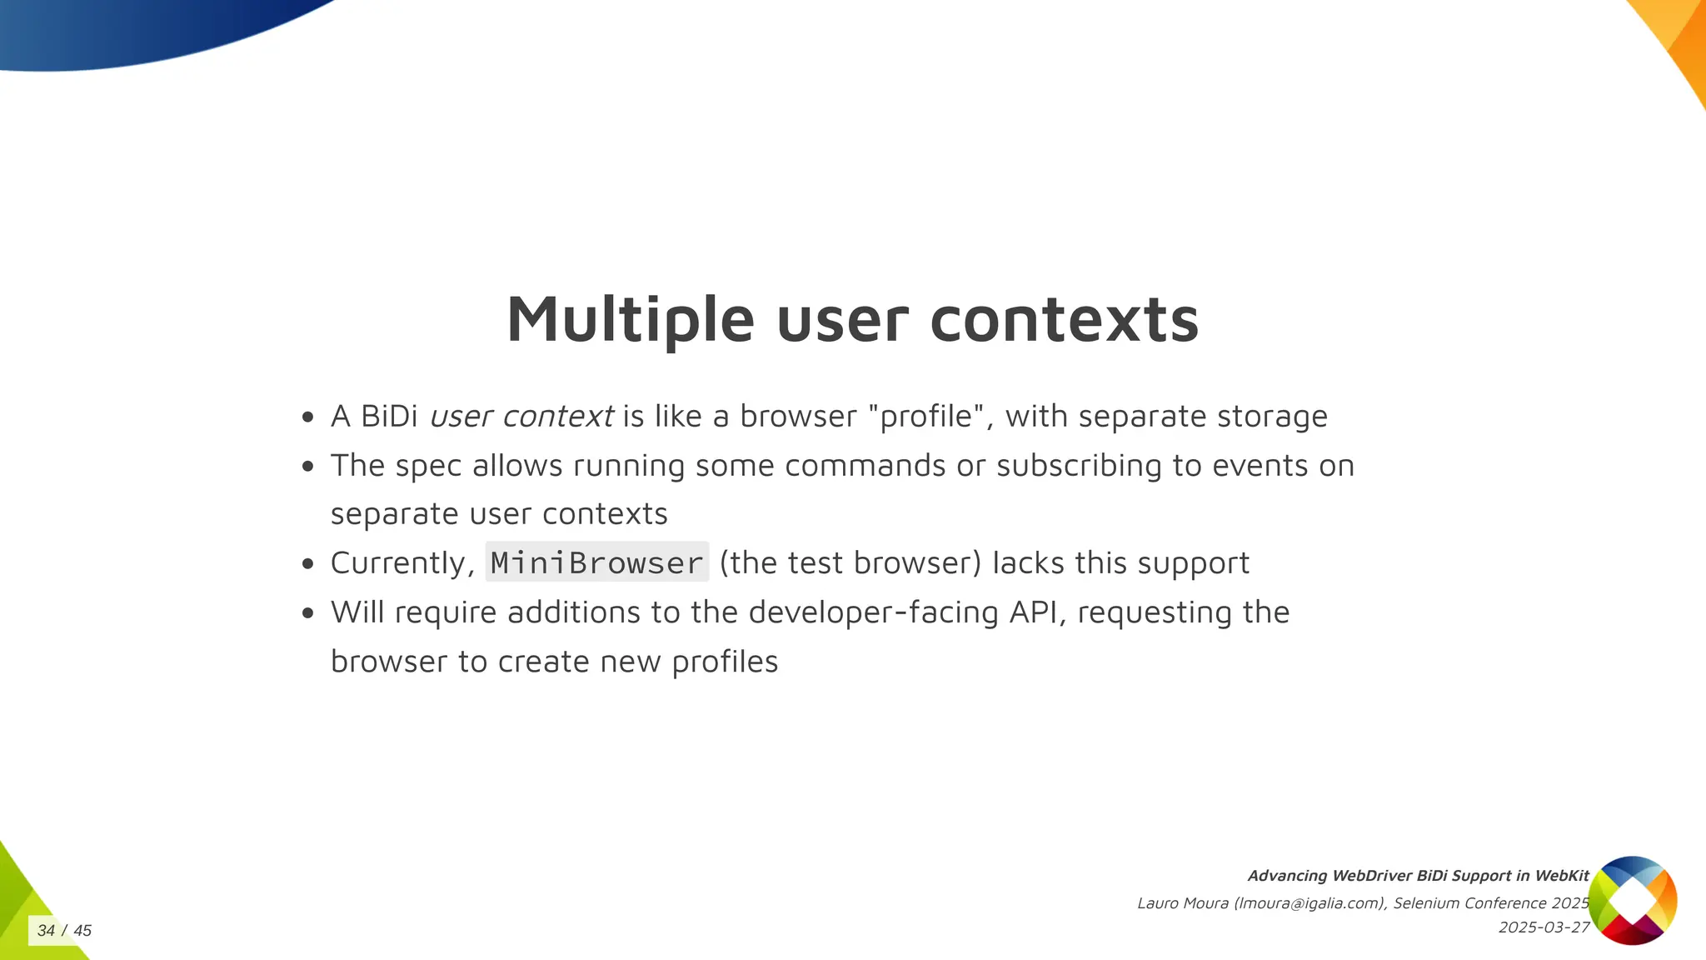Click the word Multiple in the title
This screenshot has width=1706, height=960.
pos(631,320)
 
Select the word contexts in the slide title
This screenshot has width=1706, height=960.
pos(1064,320)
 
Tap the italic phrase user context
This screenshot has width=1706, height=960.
pos(521,416)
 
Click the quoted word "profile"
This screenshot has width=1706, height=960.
pos(926,416)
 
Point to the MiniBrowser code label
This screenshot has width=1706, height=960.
pos(596,562)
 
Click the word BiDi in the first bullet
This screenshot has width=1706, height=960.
pos(389,416)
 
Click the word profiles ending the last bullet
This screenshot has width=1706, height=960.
pos(725,662)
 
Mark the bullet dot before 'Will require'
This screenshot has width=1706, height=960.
pos(308,613)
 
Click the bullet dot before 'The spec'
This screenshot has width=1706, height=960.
pos(308,466)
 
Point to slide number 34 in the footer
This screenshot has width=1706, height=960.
pos(46,930)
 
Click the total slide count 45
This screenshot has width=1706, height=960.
pos(82,930)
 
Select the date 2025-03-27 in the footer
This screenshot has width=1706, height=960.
pos(1544,927)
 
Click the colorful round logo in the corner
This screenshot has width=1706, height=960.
pos(1632,900)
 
